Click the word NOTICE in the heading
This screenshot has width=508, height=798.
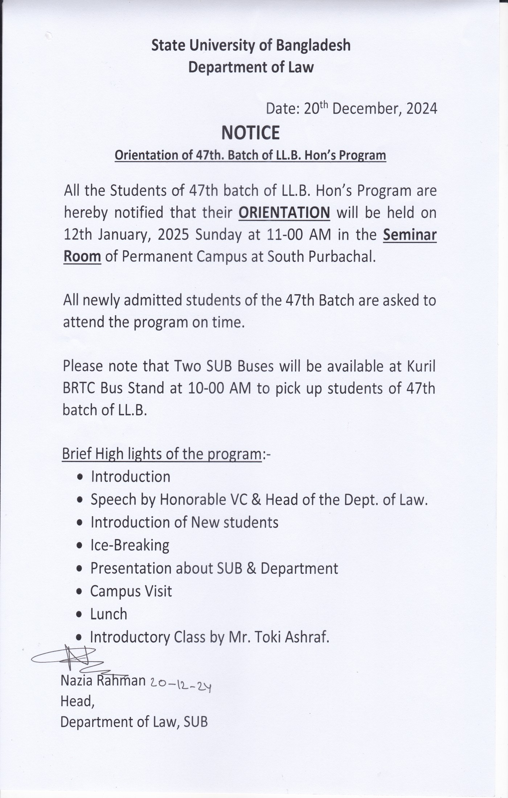pyautogui.click(x=250, y=133)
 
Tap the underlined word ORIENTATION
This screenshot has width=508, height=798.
pyautogui.click(x=284, y=213)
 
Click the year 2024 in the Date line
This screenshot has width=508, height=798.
pyautogui.click(x=422, y=108)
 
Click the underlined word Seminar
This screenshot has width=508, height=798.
pyautogui.click(x=410, y=235)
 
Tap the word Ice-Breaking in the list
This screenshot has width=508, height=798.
pyautogui.click(x=130, y=545)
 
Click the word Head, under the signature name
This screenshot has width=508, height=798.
pyautogui.click(x=77, y=701)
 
